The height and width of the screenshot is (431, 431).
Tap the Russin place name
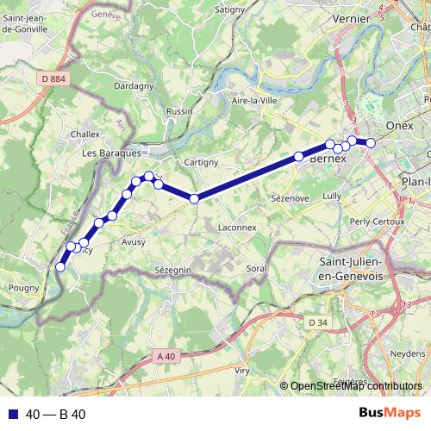pos(179,112)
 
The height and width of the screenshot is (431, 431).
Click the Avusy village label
pos(135,242)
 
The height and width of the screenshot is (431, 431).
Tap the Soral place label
pos(256,269)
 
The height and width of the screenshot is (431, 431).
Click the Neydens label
pos(407,354)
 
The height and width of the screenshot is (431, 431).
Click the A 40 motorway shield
pos(166,354)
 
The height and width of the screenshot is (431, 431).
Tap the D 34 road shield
pos(318,322)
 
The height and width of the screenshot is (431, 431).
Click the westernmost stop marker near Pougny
pos(60,267)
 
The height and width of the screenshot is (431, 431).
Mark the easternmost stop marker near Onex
pos(371,143)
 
